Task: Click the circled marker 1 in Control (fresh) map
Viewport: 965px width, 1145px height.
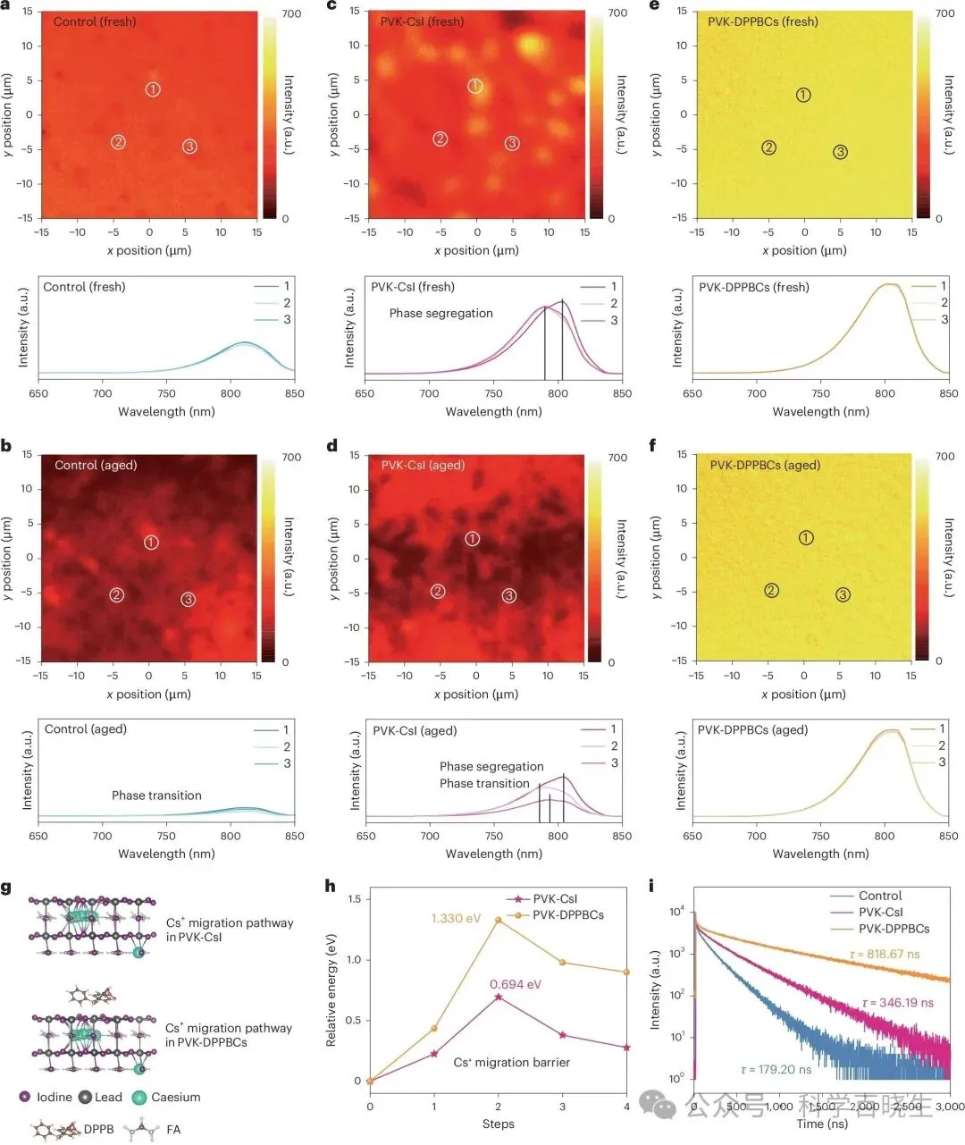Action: click(153, 89)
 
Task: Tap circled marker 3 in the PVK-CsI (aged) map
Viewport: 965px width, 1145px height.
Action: click(509, 595)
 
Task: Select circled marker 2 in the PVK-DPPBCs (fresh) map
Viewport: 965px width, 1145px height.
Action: click(769, 147)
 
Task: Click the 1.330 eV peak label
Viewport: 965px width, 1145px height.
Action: click(456, 918)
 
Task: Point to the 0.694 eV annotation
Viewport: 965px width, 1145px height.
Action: click(516, 984)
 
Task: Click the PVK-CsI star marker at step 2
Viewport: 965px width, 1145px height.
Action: click(499, 997)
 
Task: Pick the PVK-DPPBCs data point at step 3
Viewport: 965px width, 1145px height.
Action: click(563, 963)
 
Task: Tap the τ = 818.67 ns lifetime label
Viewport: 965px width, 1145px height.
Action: click(885, 955)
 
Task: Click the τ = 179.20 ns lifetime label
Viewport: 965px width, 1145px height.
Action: click(776, 1069)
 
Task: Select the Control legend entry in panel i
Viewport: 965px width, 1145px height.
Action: click(880, 896)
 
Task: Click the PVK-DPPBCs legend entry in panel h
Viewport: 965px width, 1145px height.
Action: click(568, 914)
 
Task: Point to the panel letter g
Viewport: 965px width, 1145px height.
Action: click(7, 888)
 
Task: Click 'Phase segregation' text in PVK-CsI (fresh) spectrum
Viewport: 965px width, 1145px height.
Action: click(441, 314)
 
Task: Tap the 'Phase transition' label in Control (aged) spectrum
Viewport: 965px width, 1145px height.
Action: click(156, 796)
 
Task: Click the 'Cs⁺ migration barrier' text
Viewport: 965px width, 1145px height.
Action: click(511, 1063)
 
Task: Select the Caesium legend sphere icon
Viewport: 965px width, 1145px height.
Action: click(138, 1098)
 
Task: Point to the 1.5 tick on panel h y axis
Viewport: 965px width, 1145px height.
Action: click(354, 898)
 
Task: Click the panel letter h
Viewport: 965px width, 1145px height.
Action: click(331, 887)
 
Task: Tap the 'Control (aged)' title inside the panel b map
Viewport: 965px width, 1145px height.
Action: click(96, 466)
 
